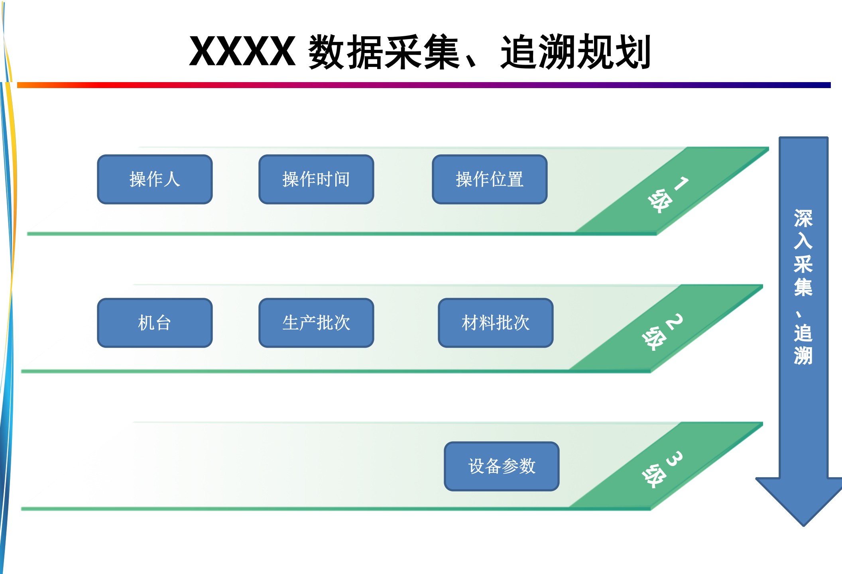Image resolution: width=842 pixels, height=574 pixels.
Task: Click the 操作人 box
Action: [x=155, y=179]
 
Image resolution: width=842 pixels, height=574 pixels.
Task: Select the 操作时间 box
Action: [x=316, y=179]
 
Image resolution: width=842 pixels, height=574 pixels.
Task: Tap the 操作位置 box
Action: [x=490, y=179]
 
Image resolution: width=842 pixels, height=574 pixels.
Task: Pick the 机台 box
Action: [x=155, y=323]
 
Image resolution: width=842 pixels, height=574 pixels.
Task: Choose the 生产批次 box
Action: [x=316, y=323]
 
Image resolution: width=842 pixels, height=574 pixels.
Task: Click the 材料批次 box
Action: [x=496, y=323]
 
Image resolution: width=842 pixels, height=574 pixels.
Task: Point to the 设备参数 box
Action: [x=502, y=466]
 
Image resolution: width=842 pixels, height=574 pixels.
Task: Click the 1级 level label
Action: [x=667, y=195]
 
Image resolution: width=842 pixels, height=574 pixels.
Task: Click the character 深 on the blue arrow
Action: [x=803, y=218]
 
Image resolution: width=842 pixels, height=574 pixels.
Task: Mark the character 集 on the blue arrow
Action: [x=803, y=287]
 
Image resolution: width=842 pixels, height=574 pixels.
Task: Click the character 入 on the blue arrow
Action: [x=803, y=241]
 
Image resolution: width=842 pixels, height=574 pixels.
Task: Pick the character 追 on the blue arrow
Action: [x=803, y=333]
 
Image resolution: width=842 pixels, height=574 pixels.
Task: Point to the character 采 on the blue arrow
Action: [x=803, y=264]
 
